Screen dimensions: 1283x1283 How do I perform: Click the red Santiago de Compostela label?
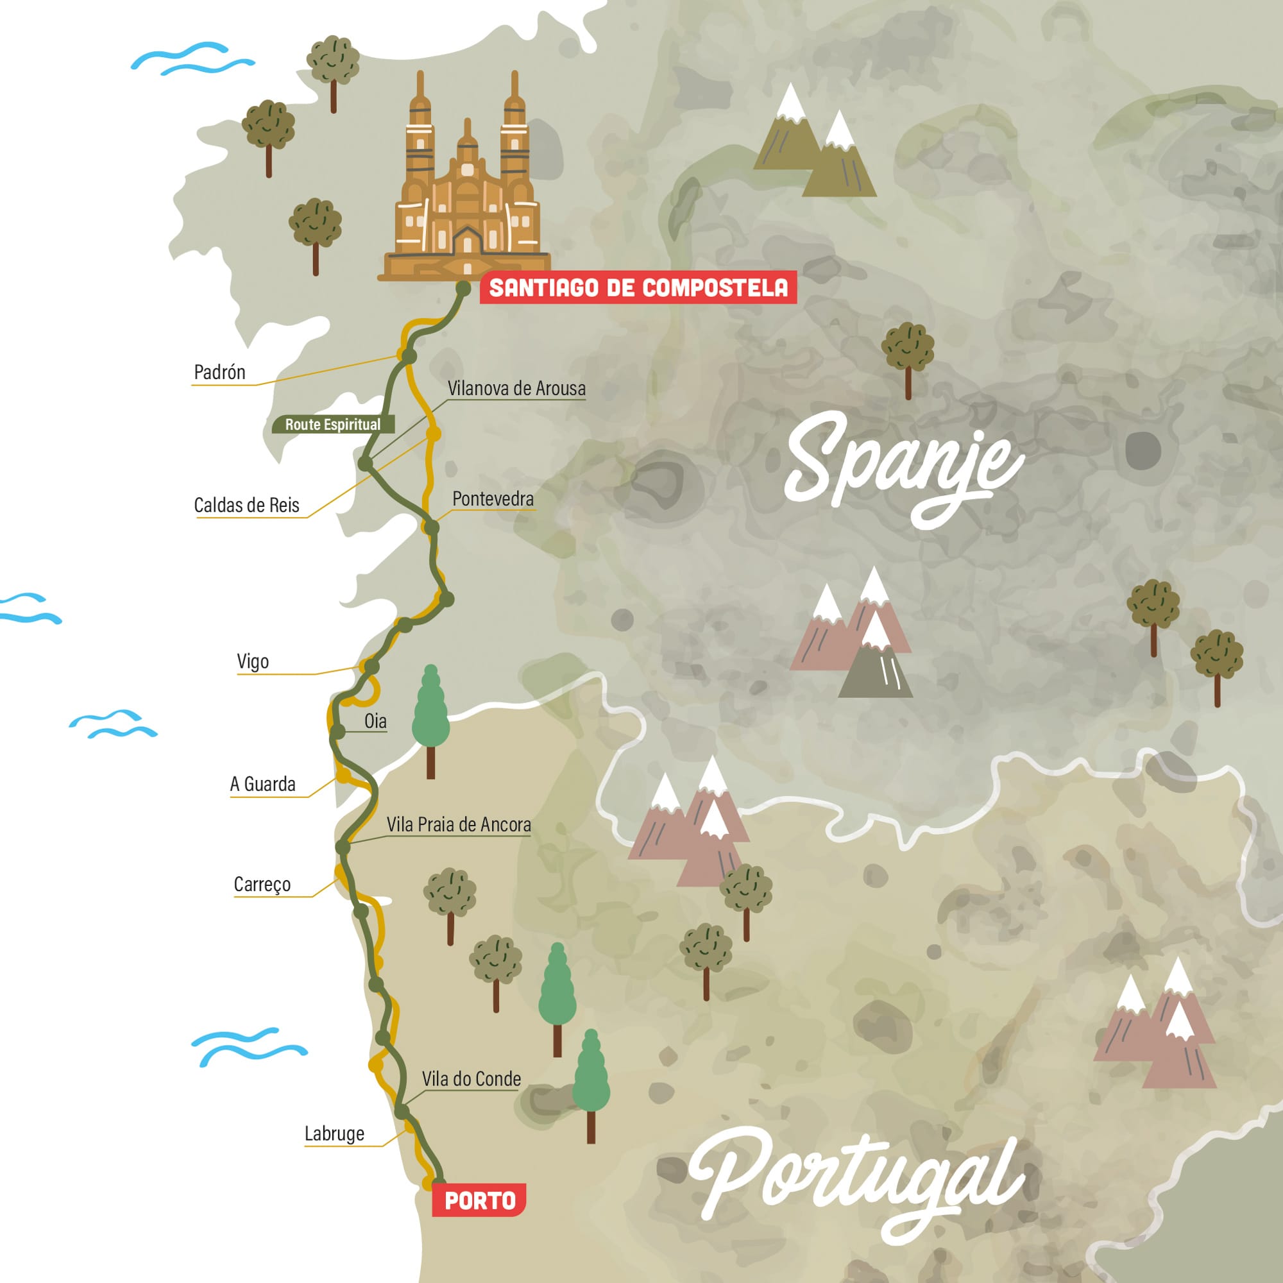pyautogui.click(x=638, y=287)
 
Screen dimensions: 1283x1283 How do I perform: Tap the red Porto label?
pyautogui.click(x=479, y=1200)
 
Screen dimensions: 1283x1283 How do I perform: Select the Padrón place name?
pyautogui.click(x=219, y=372)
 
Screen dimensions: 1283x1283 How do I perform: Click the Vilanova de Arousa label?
pyautogui.click(x=516, y=389)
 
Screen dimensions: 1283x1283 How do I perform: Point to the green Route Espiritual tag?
pyautogui.click(x=333, y=424)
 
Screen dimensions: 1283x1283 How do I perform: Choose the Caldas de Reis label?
pyautogui.click(x=246, y=506)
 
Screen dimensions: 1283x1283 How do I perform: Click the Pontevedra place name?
pyautogui.click(x=493, y=498)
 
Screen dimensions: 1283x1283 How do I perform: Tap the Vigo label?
pyautogui.click(x=252, y=661)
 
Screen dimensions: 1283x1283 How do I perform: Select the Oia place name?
pyautogui.click(x=375, y=721)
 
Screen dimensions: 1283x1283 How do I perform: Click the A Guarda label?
pyautogui.click(x=262, y=785)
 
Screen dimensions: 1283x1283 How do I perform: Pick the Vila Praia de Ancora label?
pyautogui.click(x=458, y=825)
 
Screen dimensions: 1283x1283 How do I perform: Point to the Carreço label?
pyautogui.click(x=262, y=885)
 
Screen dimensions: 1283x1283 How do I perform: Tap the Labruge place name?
pyautogui.click(x=334, y=1134)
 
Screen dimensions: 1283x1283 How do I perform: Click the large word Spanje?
pyautogui.click(x=903, y=465)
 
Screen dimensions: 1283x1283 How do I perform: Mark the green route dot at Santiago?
pyautogui.click(x=464, y=289)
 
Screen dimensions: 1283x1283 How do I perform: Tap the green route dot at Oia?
pyautogui.click(x=337, y=732)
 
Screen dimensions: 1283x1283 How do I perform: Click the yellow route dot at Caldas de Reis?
pyautogui.click(x=433, y=434)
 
